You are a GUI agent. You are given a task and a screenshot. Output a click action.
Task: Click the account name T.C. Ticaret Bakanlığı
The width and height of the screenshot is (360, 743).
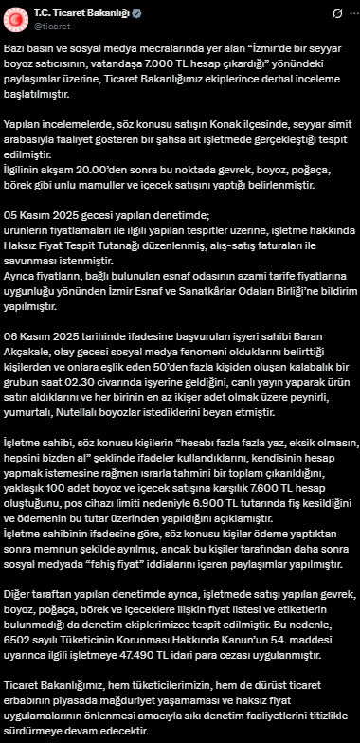pos(86,13)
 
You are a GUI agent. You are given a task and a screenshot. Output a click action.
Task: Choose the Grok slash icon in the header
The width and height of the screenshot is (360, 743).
pos(321,13)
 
